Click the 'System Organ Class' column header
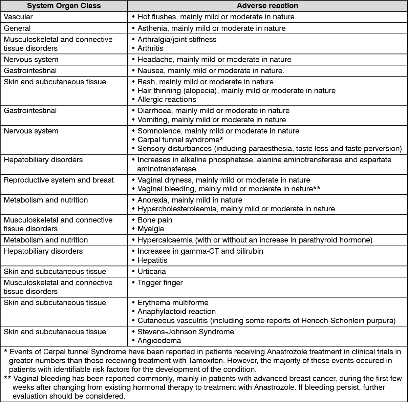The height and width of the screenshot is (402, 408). (x=64, y=6)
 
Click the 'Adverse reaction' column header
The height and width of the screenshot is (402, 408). (x=267, y=6)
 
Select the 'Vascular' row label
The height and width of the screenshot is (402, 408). (x=18, y=17)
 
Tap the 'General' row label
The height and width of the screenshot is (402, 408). (x=17, y=28)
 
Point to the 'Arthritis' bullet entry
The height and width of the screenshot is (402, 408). (x=150, y=48)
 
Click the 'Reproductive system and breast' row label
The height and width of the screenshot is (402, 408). (x=59, y=180)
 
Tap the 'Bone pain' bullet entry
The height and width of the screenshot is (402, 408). (x=155, y=220)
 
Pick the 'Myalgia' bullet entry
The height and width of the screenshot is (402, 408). (x=151, y=229)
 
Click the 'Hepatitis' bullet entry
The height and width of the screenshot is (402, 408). (x=152, y=260)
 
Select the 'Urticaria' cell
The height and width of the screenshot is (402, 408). (x=152, y=272)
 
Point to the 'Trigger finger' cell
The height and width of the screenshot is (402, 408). (x=160, y=283)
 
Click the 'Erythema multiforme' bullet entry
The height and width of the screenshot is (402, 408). (x=173, y=303)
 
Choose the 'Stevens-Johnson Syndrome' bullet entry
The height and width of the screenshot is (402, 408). (x=186, y=332)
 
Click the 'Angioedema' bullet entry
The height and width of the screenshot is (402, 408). (x=159, y=341)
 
